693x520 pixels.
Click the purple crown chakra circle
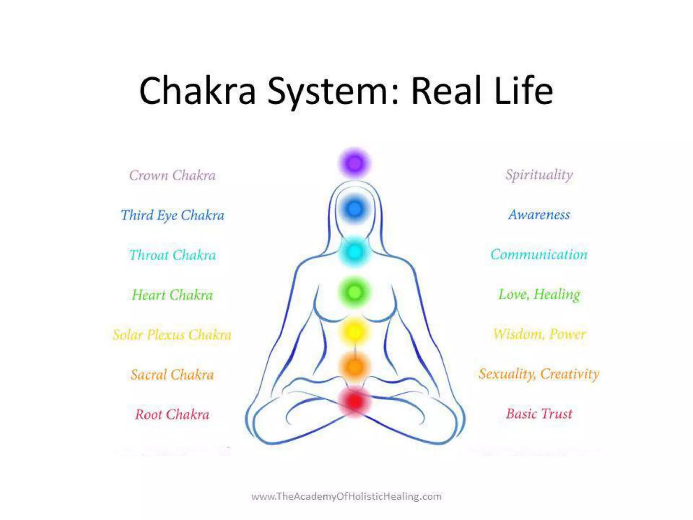click(x=354, y=164)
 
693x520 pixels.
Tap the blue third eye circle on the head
click(x=354, y=209)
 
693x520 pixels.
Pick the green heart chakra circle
click(x=354, y=292)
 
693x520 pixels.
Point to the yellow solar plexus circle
click(x=354, y=331)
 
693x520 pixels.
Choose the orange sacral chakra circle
click(x=354, y=367)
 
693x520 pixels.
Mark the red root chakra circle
click(x=354, y=402)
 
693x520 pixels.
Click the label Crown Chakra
click(x=172, y=175)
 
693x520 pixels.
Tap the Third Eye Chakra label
click(x=172, y=215)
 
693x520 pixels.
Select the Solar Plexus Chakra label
click(x=172, y=335)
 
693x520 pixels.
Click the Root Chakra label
click(x=172, y=414)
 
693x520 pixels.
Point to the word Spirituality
click(x=539, y=175)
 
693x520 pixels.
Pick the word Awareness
click(x=539, y=215)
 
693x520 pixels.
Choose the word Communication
click(x=539, y=254)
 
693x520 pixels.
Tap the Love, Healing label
click(x=539, y=294)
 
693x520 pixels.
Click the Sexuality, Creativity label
click(x=539, y=374)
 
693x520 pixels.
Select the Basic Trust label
click(x=539, y=414)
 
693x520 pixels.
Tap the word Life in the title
click(x=523, y=91)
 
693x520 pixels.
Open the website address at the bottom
click(x=346, y=496)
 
